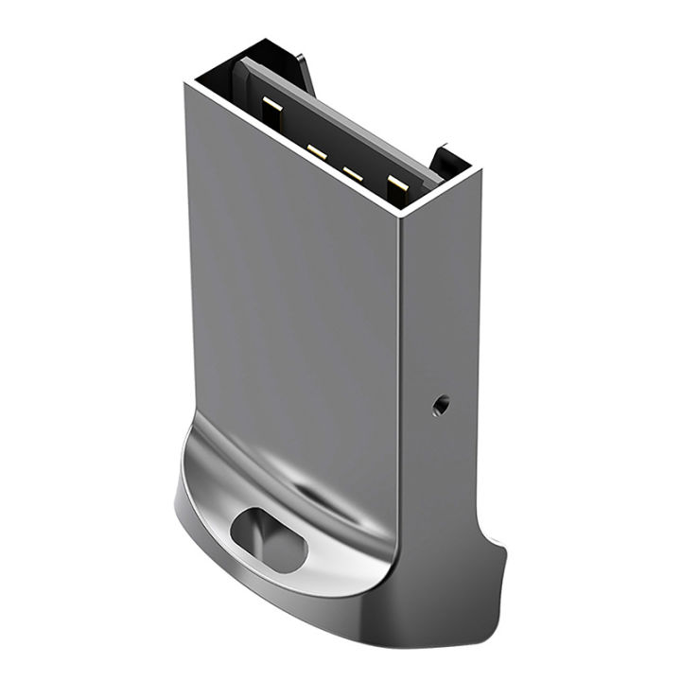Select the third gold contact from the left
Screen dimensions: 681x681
pos(354,173)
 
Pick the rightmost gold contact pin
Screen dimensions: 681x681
pos(397,187)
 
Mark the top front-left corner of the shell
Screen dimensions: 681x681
pos(185,82)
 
